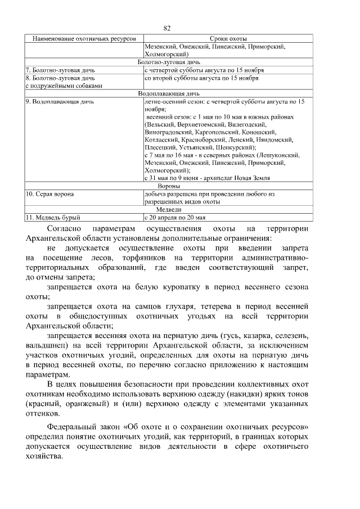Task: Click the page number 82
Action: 166,28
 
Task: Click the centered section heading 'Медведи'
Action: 169,209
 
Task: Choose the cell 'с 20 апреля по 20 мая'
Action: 175,217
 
